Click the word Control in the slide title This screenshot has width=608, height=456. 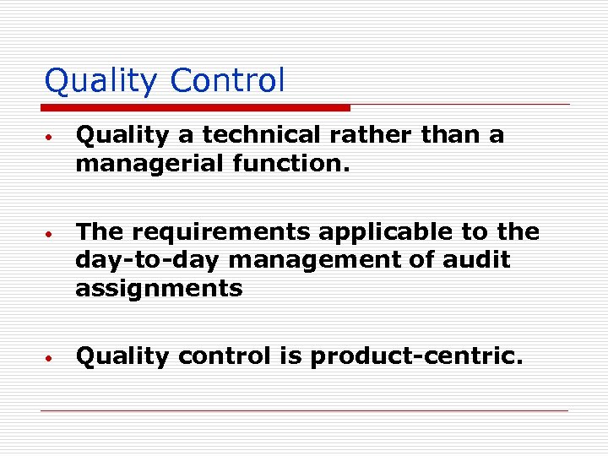(x=227, y=82)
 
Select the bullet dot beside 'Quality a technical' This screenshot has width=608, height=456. (x=51, y=137)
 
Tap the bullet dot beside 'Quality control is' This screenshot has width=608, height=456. (x=51, y=358)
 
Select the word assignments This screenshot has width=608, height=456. (x=159, y=288)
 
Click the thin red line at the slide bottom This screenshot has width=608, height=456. (x=304, y=410)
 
